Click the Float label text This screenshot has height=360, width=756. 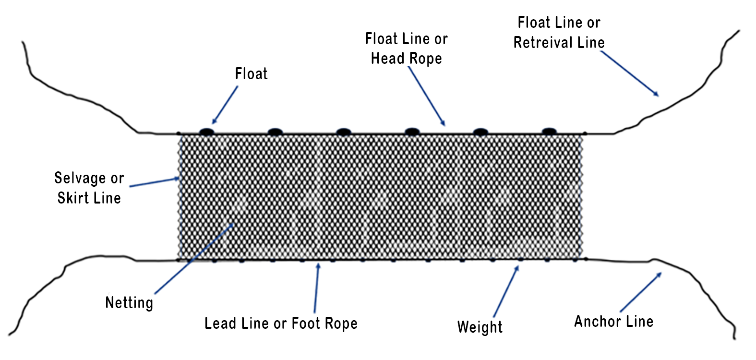point(251,74)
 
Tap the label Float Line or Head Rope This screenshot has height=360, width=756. point(407,48)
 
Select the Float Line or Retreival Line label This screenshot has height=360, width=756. point(559,33)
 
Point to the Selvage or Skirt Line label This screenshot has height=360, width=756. point(89,188)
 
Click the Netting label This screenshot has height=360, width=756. point(129,303)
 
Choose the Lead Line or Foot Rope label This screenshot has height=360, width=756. point(281,324)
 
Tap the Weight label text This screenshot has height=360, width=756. point(480,327)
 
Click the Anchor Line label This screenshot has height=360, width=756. point(613,322)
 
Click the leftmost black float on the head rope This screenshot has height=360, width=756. point(206,131)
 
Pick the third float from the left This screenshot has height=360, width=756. point(343,131)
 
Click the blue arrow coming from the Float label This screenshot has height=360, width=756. point(225,105)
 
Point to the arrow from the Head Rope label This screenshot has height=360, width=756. point(427,96)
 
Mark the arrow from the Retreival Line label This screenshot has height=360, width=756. point(629,73)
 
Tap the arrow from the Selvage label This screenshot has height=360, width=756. point(155,182)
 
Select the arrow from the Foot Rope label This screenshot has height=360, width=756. point(316,288)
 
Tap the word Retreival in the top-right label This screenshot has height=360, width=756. point(544,43)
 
